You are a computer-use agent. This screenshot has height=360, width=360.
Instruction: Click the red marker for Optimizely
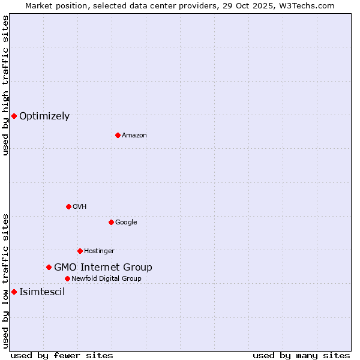pyautogui.click(x=14, y=116)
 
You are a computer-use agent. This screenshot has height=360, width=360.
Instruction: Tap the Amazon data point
pyautogui.click(x=118, y=135)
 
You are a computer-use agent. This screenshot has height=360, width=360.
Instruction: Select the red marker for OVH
pyautogui.click(x=68, y=206)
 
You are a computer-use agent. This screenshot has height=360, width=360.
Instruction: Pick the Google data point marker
pyautogui.click(x=111, y=222)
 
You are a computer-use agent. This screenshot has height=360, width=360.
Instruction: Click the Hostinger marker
pyautogui.click(x=80, y=251)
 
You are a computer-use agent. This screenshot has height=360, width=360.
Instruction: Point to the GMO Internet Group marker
pyautogui.click(x=49, y=267)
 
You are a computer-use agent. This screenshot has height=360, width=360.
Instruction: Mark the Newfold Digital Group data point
pyautogui.click(x=67, y=278)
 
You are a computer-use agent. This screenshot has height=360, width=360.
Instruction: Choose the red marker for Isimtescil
pyautogui.click(x=14, y=292)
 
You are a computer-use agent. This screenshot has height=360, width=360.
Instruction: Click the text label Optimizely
pyautogui.click(x=44, y=116)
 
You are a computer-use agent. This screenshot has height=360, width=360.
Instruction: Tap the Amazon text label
pyautogui.click(x=134, y=136)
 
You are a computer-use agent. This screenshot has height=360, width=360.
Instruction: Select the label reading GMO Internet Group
pyautogui.click(x=103, y=268)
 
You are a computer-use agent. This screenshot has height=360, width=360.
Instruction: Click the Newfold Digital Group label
pyautogui.click(x=106, y=278)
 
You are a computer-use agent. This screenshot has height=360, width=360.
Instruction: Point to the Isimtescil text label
pyautogui.click(x=42, y=292)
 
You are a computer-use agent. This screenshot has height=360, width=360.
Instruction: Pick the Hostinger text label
pyautogui.click(x=99, y=251)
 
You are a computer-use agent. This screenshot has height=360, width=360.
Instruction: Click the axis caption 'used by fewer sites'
pyautogui.click(x=62, y=355)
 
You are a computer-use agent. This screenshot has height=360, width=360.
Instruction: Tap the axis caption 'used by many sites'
pyautogui.click(x=301, y=355)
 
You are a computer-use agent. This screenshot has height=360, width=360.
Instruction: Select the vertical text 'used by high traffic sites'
pyautogui.click(x=5, y=85)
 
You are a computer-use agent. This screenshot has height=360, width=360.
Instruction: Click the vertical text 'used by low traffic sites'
pyautogui.click(x=5, y=280)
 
